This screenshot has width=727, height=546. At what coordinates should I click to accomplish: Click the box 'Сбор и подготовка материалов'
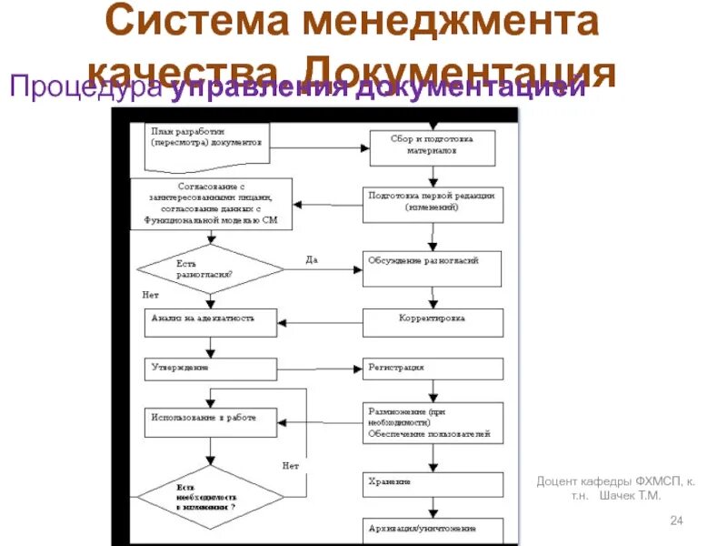432,147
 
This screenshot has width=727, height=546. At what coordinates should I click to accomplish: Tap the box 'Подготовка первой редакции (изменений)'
432,203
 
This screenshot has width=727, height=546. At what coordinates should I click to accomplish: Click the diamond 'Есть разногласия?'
210,268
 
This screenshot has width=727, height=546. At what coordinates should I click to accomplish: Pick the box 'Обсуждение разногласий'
433,267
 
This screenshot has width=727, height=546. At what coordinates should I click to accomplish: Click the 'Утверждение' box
210,369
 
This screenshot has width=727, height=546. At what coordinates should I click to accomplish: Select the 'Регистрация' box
433,369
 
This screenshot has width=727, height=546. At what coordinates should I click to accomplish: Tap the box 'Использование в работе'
210,421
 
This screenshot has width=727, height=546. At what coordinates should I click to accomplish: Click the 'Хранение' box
433,481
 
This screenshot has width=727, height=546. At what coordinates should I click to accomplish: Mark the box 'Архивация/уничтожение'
433,529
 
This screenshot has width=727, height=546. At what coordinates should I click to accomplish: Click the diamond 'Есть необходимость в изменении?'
210,499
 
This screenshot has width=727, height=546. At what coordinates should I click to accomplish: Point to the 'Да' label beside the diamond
312,261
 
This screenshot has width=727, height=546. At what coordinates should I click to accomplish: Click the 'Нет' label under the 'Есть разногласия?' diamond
151,296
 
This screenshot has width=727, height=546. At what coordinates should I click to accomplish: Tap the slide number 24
675,520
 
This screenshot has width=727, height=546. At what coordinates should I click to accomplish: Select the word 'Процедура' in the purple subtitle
87,88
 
